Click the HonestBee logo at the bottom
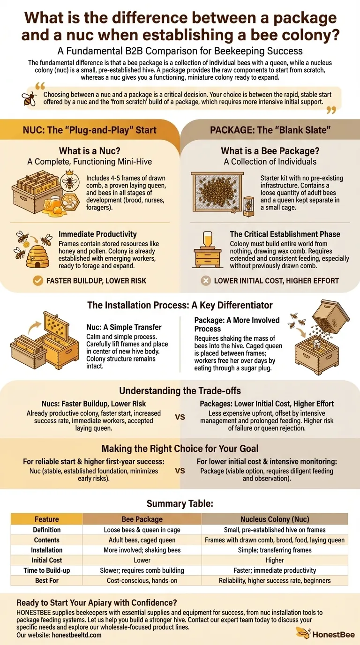(x=325, y=634)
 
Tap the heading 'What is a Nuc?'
(x=90, y=151)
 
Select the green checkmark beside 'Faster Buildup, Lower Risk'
(x=37, y=280)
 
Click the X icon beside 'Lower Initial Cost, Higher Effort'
(x=206, y=280)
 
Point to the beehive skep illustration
(x=37, y=256)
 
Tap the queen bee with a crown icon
(x=70, y=181)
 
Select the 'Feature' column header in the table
(x=47, y=519)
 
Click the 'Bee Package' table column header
(x=142, y=519)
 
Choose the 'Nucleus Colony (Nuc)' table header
(x=275, y=519)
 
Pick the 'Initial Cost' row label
(x=47, y=560)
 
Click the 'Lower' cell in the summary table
(x=142, y=560)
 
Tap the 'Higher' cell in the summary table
(x=275, y=560)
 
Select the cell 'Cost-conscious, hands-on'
(x=142, y=580)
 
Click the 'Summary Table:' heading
(x=180, y=503)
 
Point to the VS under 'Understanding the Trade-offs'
(x=180, y=417)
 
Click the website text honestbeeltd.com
(x=76, y=635)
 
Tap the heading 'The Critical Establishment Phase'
(x=285, y=234)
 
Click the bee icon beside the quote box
(x=30, y=98)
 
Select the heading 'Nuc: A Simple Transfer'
(x=124, y=327)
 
